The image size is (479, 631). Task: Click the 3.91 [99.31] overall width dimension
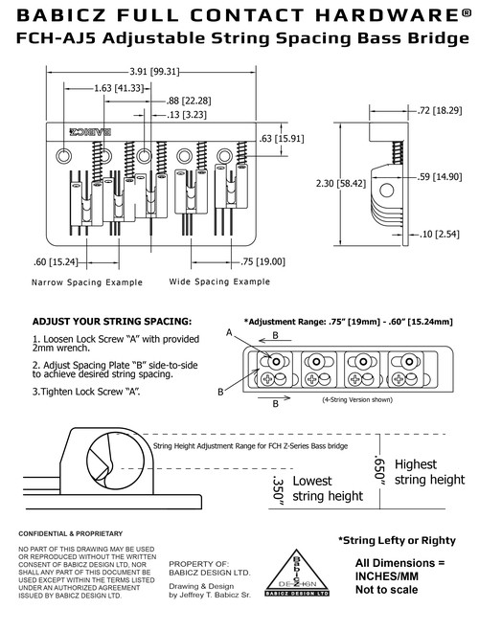point(154,72)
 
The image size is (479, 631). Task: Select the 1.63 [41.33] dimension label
point(119,88)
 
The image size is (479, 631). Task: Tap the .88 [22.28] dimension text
point(189,101)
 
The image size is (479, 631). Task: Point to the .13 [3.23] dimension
point(187,115)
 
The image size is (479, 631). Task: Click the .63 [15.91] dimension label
point(282,139)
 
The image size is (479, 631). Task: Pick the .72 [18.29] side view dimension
point(440,110)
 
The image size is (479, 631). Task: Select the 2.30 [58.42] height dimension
point(341,184)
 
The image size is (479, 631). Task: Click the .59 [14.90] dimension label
point(440,177)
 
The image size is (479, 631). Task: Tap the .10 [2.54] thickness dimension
point(439,234)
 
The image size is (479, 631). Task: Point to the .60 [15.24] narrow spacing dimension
point(56,262)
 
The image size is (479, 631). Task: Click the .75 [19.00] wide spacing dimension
point(262,262)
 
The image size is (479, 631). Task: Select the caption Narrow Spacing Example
point(87,282)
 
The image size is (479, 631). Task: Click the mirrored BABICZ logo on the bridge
point(90,131)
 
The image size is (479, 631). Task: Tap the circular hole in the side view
point(387,191)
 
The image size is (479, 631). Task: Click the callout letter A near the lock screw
point(229,333)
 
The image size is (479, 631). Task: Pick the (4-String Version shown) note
point(357,400)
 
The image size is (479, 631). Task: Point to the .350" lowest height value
point(278,488)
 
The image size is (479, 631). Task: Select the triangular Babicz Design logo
point(297,573)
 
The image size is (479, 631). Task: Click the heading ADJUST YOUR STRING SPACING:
point(112,322)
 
